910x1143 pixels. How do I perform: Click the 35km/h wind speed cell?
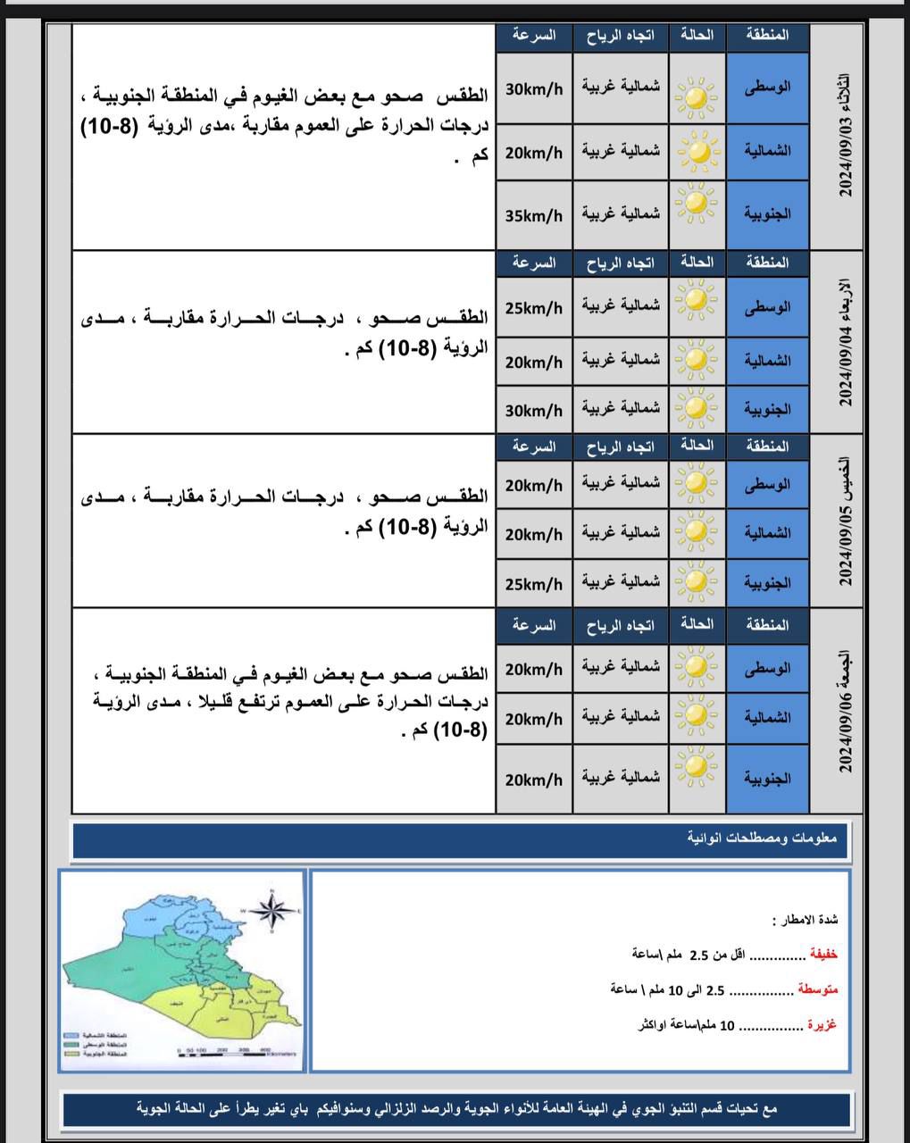[x=533, y=215]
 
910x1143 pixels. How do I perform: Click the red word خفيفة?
[x=822, y=955]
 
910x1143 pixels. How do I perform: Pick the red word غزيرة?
[x=822, y=1025]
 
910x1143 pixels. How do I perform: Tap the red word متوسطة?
[x=818, y=989]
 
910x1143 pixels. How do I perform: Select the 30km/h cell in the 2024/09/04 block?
[x=533, y=411]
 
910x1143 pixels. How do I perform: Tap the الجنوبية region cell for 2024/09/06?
[x=767, y=779]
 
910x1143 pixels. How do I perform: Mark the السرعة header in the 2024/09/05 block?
[x=533, y=446]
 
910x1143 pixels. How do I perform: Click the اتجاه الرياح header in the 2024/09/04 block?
[x=621, y=263]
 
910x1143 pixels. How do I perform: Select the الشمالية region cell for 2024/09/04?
[x=767, y=361]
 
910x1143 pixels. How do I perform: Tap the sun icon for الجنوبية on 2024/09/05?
[x=697, y=583]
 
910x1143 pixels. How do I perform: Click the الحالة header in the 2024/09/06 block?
[x=697, y=624]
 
